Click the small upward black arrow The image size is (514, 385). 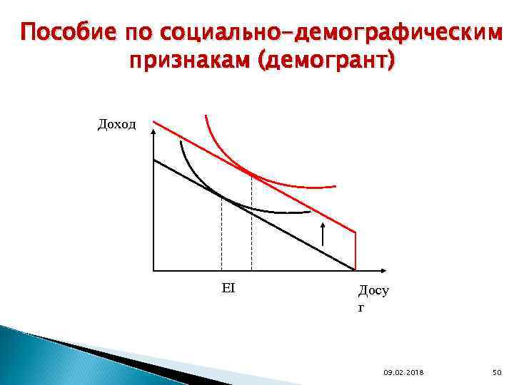click(x=323, y=234)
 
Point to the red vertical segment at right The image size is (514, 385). click(x=355, y=251)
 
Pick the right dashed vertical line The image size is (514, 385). click(x=251, y=221)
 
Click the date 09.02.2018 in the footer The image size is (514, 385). click(x=403, y=372)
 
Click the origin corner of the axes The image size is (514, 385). click(x=153, y=270)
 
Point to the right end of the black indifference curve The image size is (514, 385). click(x=311, y=212)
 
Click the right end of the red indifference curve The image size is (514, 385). click(x=335, y=187)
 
